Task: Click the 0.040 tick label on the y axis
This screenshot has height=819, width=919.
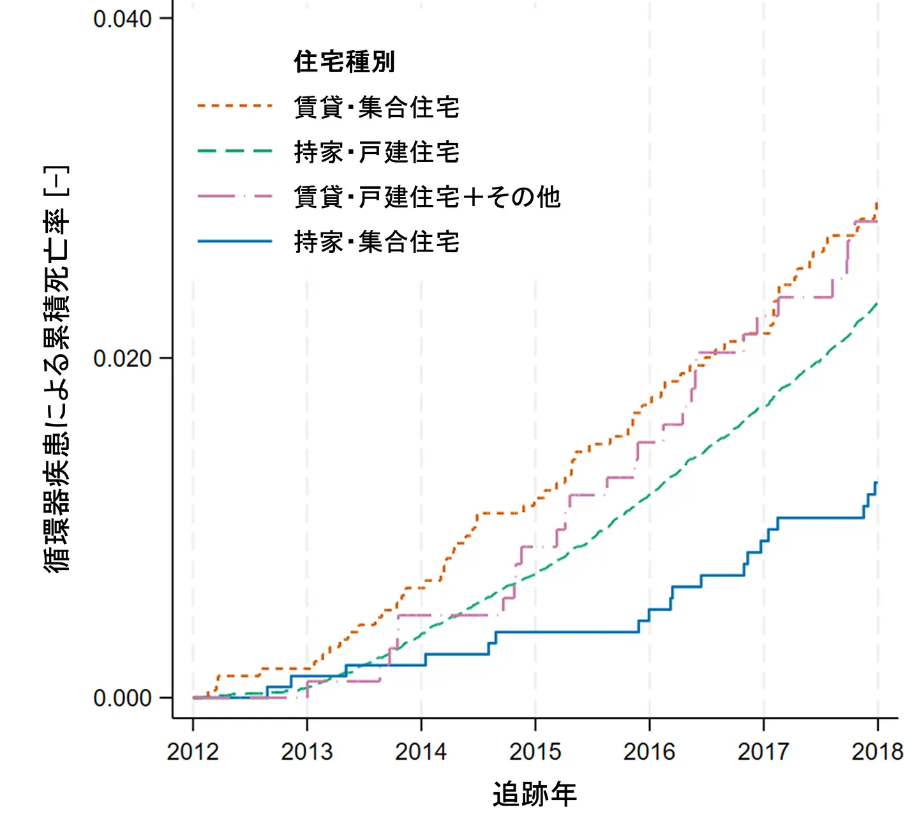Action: tap(123, 19)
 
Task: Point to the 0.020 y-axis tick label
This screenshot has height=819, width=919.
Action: tap(123, 359)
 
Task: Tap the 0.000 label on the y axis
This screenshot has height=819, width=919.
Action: tap(123, 698)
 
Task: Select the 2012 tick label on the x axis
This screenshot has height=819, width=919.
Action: tap(193, 752)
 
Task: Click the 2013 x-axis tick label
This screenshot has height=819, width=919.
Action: tap(307, 752)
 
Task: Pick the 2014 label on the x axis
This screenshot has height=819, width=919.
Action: tap(421, 752)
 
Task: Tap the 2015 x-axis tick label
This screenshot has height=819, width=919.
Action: tap(535, 752)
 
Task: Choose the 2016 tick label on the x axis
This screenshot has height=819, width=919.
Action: tap(650, 752)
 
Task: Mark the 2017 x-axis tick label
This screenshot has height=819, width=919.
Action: tap(764, 752)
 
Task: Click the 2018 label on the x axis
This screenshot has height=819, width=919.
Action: tap(878, 752)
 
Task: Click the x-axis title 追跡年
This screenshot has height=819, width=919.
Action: tap(535, 794)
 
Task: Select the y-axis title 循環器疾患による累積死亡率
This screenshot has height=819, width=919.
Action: tap(56, 370)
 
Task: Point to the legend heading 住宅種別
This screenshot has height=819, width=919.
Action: tap(345, 62)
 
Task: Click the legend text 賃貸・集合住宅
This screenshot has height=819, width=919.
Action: tap(377, 107)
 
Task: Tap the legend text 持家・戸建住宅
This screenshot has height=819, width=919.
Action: tap(377, 152)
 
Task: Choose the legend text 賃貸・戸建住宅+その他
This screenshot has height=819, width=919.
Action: tap(427, 197)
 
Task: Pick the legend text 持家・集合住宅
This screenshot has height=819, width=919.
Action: tap(377, 242)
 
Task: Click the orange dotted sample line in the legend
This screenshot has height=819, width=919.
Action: tap(235, 106)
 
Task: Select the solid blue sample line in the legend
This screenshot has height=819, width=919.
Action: tap(235, 241)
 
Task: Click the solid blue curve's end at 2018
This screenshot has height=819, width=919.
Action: tap(877, 483)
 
